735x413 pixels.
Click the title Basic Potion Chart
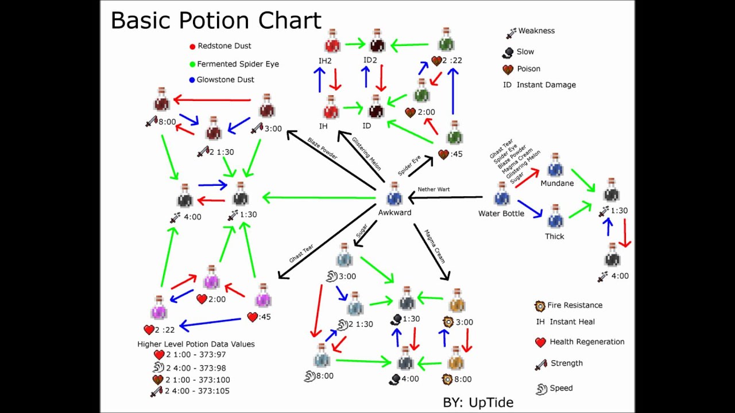point(215,20)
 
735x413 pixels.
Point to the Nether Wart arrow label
point(434,189)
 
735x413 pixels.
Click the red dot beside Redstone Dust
point(192,46)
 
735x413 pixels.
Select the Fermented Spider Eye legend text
point(238,64)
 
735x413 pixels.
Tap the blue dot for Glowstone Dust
point(192,80)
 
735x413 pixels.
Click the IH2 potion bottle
point(332,41)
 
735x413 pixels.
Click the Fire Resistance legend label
point(575,305)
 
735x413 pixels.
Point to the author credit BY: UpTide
point(478,402)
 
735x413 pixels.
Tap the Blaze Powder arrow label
point(322,148)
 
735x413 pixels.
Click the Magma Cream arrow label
point(434,246)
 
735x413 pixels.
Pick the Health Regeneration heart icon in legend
point(540,342)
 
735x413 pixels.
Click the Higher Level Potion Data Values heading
point(196,344)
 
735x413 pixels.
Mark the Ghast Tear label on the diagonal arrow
point(301,253)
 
